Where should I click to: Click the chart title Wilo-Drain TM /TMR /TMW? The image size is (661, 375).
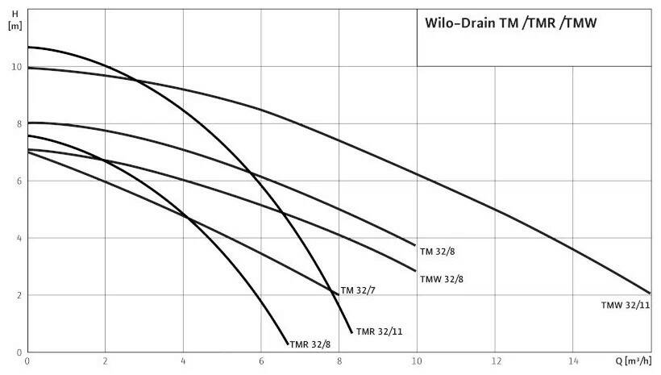(x=510, y=23)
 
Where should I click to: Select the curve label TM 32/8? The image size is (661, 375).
(x=438, y=252)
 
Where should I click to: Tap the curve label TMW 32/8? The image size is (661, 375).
(x=442, y=279)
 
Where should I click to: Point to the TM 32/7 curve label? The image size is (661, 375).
(x=358, y=290)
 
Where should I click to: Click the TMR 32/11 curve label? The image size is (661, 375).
(x=380, y=332)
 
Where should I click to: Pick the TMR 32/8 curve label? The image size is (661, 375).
(x=310, y=344)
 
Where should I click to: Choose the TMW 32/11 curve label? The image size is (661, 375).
(x=626, y=306)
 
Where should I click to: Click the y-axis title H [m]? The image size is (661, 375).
(x=15, y=20)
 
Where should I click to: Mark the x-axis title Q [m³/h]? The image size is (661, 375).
(x=633, y=361)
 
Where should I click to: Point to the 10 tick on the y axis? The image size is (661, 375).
(x=17, y=67)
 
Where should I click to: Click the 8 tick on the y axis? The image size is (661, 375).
(x=19, y=124)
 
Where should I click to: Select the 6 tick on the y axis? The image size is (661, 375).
(x=19, y=181)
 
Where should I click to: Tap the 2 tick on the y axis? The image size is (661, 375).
(x=19, y=296)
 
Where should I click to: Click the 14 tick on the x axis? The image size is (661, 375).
(x=573, y=361)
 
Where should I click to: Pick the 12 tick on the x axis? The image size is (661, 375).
(x=495, y=361)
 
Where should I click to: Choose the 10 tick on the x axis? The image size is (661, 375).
(x=417, y=361)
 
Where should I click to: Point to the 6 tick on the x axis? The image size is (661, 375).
(x=261, y=361)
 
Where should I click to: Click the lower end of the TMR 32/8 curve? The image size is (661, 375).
(x=288, y=344)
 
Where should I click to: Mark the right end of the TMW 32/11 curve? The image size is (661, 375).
(x=651, y=294)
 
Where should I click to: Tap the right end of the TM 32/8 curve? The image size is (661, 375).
(x=415, y=245)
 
